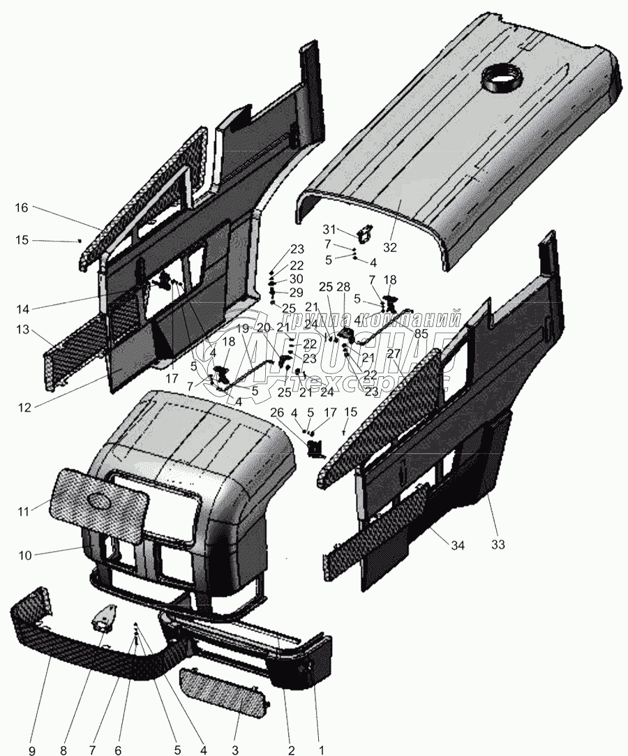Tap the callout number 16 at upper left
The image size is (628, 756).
tap(22, 207)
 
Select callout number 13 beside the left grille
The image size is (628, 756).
tap(22, 329)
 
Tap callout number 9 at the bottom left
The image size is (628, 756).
tap(31, 750)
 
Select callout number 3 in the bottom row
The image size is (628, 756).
tap(236, 750)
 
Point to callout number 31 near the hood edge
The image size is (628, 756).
tap(329, 230)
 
